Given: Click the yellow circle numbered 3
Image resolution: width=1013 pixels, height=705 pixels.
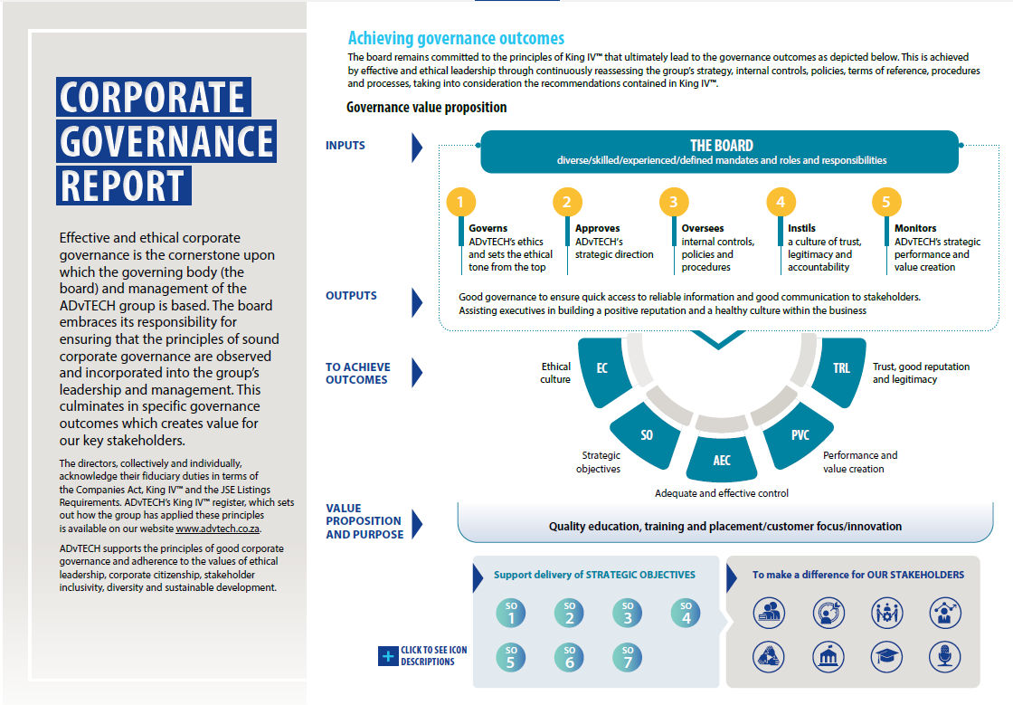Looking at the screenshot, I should (x=673, y=202).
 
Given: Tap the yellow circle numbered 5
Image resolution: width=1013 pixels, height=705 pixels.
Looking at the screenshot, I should (x=886, y=202).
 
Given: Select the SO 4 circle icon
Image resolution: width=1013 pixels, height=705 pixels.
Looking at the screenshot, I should (x=686, y=614).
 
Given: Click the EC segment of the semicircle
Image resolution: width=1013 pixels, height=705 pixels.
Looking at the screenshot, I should (x=601, y=369).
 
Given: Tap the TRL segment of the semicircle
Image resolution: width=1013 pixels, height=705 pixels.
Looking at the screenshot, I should (x=841, y=369).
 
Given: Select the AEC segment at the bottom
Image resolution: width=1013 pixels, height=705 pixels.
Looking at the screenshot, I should (x=722, y=460).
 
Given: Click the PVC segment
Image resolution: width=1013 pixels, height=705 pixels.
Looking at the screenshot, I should (x=800, y=435).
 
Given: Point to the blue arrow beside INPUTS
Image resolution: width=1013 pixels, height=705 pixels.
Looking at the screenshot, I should (x=417, y=147).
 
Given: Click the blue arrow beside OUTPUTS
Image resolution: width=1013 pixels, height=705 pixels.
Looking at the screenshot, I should (x=417, y=301).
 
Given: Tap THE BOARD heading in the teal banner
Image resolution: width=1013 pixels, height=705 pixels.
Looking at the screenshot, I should (x=721, y=146).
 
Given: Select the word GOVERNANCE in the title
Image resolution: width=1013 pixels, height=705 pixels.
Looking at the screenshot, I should (x=166, y=141).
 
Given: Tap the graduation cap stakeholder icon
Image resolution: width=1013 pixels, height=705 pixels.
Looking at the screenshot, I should (x=885, y=655).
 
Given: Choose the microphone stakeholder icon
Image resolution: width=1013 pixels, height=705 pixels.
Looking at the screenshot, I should (x=944, y=655).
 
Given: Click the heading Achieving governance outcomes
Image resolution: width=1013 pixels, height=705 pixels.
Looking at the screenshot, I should (x=456, y=38).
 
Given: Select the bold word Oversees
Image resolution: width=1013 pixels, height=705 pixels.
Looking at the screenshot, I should (x=703, y=228).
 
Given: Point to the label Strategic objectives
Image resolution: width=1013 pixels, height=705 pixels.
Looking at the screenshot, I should (x=599, y=462).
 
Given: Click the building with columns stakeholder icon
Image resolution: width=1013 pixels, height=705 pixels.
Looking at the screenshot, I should (x=827, y=655).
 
